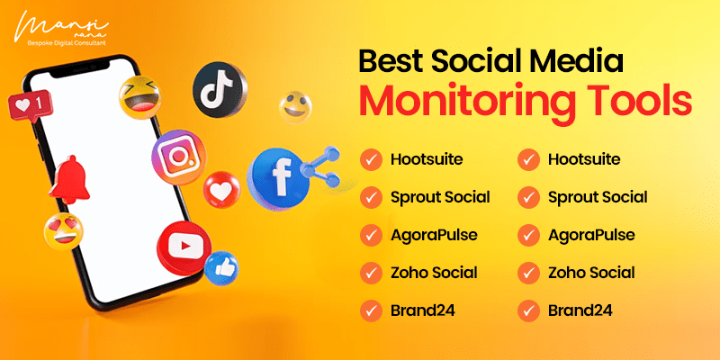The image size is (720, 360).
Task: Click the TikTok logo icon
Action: point(220,89)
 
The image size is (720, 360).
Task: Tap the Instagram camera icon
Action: point(178,157)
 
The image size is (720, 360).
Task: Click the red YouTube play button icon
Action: point(184,248)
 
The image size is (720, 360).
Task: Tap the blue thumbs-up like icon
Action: point(221,268)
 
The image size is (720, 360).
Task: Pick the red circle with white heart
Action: point(221,189)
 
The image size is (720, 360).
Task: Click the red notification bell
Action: point(69,179)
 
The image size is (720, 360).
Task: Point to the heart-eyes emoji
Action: point(64,231)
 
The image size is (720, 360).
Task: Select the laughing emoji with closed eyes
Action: point(140,97)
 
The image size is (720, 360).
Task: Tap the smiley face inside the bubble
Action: point(295,107)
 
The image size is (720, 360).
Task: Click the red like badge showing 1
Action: point(31,106)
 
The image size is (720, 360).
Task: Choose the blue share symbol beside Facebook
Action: point(320,167)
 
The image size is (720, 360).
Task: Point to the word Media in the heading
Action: point(578,61)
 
